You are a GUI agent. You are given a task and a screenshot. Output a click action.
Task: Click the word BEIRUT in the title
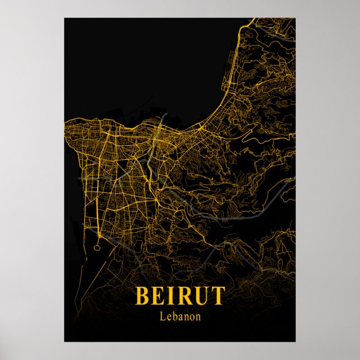(179, 295)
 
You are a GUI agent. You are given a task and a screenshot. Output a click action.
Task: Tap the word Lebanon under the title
(179, 316)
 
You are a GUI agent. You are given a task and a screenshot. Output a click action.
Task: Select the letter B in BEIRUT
(142, 295)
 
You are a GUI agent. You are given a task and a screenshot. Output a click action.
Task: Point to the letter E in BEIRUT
(158, 295)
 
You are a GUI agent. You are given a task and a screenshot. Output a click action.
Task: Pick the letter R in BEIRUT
(182, 295)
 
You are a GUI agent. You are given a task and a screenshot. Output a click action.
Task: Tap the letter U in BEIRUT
(200, 295)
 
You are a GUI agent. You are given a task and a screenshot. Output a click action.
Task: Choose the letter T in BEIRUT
(217, 295)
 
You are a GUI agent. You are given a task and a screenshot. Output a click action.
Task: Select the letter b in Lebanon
(174, 316)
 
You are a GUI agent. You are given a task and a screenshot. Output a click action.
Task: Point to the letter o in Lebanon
(191, 317)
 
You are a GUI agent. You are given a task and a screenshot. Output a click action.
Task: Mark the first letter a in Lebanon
(179, 317)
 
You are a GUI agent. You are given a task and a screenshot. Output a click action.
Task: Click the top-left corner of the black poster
(64, 18)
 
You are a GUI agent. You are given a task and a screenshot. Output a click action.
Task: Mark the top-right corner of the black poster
(295, 18)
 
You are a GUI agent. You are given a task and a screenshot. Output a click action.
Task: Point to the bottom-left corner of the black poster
(64, 341)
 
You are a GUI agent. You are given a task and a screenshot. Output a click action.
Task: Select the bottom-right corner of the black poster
(295, 341)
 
